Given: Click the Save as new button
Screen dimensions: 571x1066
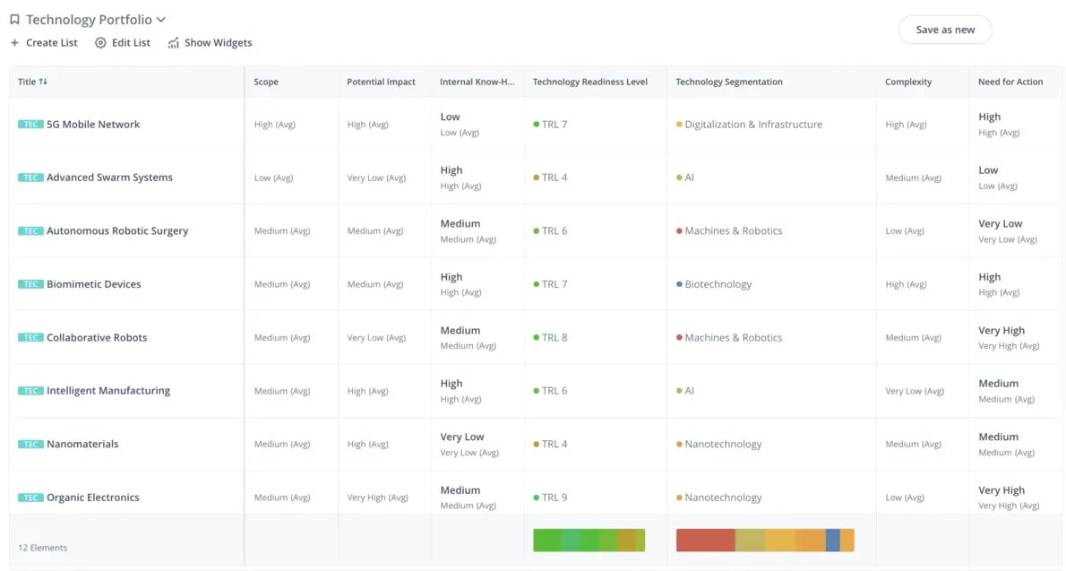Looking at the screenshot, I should click(945, 30).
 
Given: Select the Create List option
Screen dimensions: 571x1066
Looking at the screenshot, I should click(44, 43).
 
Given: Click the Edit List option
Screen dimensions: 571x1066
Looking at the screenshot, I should click(123, 43).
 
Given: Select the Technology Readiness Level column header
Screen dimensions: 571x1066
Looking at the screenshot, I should click(589, 82).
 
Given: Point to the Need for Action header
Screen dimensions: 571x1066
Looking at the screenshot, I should click(1010, 82).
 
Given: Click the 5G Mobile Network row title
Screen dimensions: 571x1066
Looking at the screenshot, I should click(93, 125).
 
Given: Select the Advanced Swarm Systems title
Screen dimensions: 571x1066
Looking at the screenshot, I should click(109, 177).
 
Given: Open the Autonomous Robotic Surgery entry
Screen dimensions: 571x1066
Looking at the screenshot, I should click(117, 230).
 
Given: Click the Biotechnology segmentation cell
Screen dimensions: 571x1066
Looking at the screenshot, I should click(718, 284).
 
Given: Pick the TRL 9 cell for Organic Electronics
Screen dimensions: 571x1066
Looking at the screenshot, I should click(554, 497).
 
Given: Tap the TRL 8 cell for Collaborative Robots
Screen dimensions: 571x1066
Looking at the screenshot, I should click(554, 338).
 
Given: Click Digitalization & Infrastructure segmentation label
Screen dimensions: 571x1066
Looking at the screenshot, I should click(752, 125).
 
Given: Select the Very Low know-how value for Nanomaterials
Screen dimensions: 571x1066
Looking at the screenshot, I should click(462, 437).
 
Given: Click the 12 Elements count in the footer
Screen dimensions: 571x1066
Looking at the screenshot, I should click(43, 548).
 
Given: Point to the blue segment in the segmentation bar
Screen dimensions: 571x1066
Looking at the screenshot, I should click(832, 540).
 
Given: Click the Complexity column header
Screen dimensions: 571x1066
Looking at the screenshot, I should click(907, 82).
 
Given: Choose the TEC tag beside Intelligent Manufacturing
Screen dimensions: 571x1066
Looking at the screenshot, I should click(30, 391).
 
